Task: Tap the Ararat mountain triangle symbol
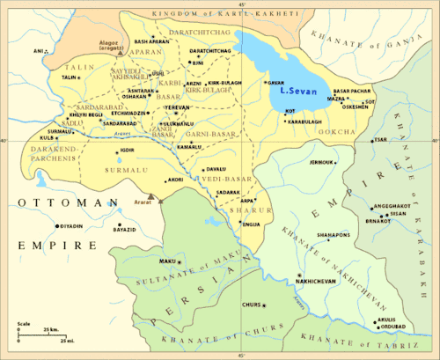151,197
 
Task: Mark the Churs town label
251,305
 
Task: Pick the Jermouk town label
322,163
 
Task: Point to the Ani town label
38,52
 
